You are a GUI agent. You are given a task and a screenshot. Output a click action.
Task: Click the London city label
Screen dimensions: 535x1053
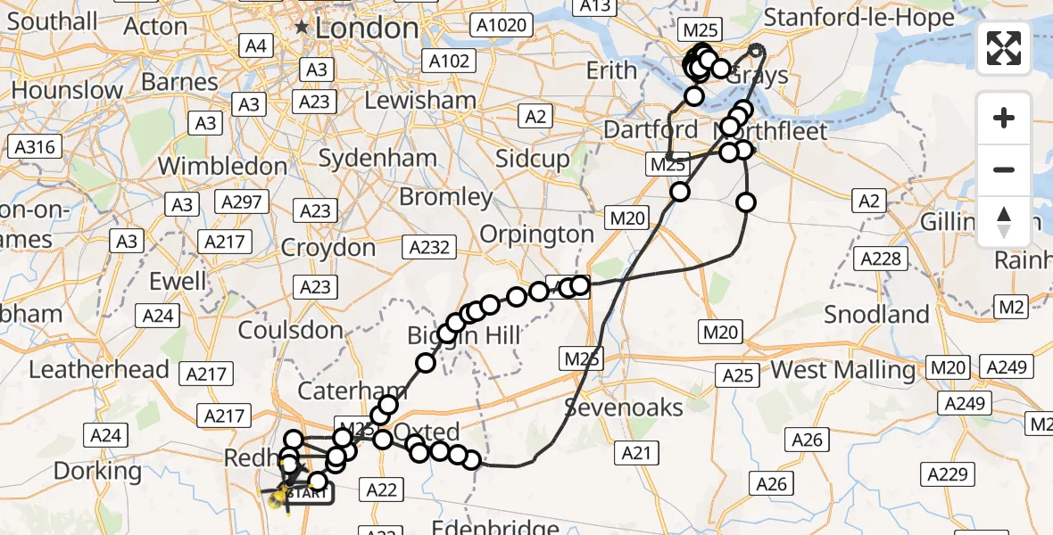pyautogui.click(x=367, y=28)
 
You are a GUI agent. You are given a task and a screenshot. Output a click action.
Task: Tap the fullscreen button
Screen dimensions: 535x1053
pyautogui.click(x=1004, y=48)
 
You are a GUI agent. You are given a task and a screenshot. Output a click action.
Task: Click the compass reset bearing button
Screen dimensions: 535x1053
pyautogui.click(x=1004, y=221)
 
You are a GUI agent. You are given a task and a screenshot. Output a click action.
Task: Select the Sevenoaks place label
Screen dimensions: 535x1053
pyautogui.click(x=625, y=408)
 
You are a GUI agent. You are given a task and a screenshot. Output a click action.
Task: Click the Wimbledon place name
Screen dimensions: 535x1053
pyautogui.click(x=222, y=166)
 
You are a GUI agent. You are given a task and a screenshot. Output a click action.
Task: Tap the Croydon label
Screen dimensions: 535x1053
pyautogui.click(x=328, y=247)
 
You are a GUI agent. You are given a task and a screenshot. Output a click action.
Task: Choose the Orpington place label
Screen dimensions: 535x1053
pyautogui.click(x=536, y=235)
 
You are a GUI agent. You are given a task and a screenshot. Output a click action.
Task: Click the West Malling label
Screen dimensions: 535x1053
pyautogui.click(x=842, y=369)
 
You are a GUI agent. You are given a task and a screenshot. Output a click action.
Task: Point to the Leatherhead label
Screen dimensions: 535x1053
pyautogui.click(x=99, y=369)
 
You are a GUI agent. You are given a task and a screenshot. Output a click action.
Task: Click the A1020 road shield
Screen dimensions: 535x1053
pyautogui.click(x=502, y=26)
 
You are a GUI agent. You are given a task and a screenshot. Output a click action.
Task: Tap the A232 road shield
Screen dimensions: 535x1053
pyautogui.click(x=429, y=247)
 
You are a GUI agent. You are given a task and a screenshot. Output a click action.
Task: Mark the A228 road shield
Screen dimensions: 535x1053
pyautogui.click(x=881, y=259)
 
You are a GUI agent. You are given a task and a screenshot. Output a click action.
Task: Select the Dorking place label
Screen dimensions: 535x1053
pyautogui.click(x=98, y=470)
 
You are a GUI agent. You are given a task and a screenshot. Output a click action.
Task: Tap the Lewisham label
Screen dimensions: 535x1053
pyautogui.click(x=420, y=101)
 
